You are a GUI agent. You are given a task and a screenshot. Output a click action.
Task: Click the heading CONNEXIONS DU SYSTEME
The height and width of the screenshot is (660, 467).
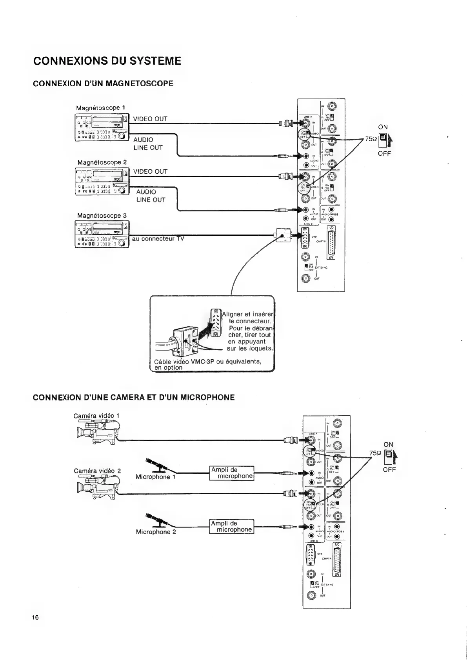pyautogui.click(x=107, y=61)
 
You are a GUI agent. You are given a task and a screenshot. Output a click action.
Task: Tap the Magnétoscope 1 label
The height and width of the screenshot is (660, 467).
pyautogui.click(x=101, y=107)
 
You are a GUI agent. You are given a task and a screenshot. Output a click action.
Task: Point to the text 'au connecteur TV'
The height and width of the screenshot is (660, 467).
pyautogui.click(x=158, y=239)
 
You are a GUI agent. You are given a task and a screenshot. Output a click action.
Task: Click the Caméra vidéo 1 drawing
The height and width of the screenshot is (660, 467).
pyautogui.click(x=97, y=431)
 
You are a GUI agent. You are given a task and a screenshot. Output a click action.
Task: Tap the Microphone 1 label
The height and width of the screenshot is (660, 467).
pyautogui.click(x=155, y=477)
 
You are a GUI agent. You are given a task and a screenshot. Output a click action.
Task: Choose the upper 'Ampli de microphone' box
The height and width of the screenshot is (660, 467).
pyautogui.click(x=232, y=473)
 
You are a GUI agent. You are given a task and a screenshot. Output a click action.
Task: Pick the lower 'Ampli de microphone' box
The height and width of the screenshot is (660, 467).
pyautogui.click(x=232, y=526)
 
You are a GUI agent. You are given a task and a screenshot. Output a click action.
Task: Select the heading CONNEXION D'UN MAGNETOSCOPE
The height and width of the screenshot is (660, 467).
pyautogui.click(x=103, y=84)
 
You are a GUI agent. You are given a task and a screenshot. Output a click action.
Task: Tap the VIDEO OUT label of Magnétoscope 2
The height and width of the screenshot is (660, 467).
pyautogui.click(x=150, y=171)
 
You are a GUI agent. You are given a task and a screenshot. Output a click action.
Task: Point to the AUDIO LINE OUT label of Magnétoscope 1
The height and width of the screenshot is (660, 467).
pyautogui.click(x=148, y=144)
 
